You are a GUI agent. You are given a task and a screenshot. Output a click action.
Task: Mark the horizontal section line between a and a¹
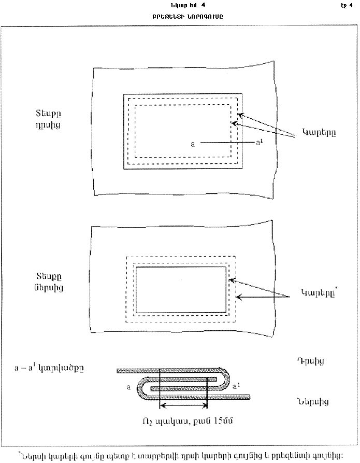[x=225, y=142]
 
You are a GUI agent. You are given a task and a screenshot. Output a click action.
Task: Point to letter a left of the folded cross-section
[x=128, y=387]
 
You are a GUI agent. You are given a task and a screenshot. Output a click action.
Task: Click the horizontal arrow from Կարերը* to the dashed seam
[x=262, y=296]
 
